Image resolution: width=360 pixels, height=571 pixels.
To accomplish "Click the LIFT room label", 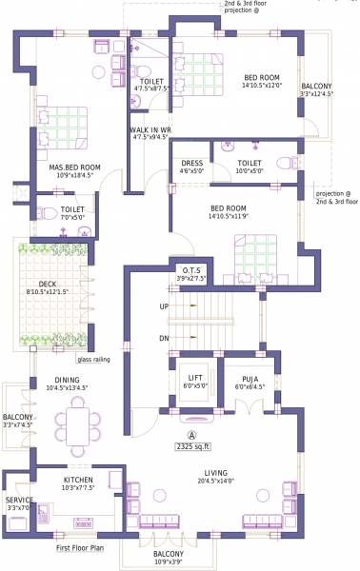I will pyautogui.click(x=194, y=378).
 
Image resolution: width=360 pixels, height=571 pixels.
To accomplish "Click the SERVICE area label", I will pyautogui.click(x=19, y=499).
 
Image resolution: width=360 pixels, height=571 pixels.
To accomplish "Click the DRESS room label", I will pyautogui.click(x=191, y=163).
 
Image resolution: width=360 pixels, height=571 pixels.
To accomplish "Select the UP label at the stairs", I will pyautogui.click(x=163, y=306).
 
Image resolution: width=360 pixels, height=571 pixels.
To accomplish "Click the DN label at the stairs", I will pyautogui.click(x=163, y=338).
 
